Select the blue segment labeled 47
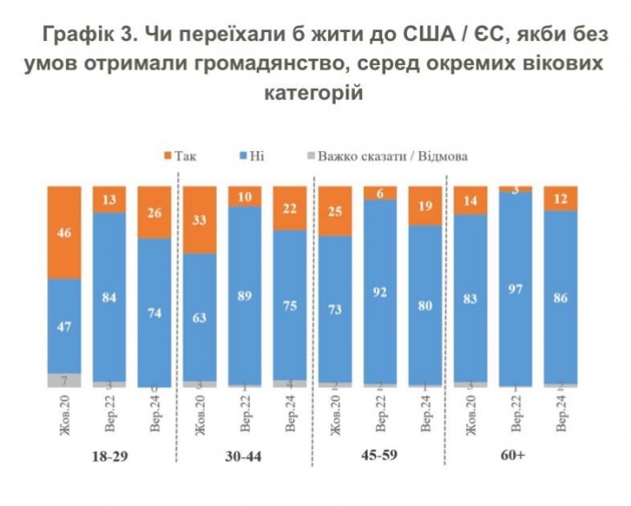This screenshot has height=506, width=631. click(65, 325)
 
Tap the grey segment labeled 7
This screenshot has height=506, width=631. click(65, 379)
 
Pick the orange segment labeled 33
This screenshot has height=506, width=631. click(200, 220)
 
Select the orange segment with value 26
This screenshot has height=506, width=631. click(155, 212)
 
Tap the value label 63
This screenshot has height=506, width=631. click(200, 317)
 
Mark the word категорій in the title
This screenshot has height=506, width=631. click(314, 93)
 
